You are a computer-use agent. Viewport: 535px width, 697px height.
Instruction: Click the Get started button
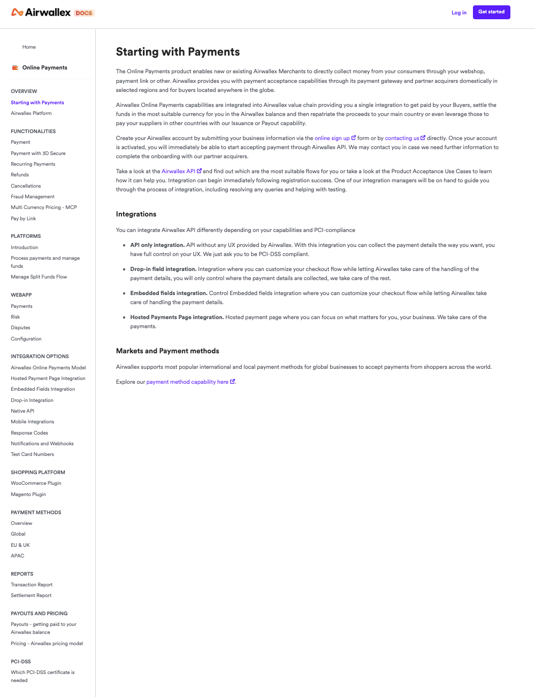pos(491,12)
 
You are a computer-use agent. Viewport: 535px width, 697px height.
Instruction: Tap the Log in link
pos(458,13)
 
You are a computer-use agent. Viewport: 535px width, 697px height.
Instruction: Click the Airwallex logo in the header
pos(41,12)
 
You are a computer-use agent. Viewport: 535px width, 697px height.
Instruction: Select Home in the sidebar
pos(29,47)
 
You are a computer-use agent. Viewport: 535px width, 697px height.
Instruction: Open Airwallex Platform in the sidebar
pos(31,113)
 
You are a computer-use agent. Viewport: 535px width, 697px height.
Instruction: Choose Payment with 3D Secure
pos(38,153)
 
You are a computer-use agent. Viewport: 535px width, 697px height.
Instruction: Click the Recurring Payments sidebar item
pos(33,164)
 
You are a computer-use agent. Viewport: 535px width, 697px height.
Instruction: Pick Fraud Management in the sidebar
pos(33,197)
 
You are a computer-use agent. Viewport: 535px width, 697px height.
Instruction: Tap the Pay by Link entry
pos(24,219)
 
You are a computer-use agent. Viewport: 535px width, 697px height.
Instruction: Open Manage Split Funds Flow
pos(39,277)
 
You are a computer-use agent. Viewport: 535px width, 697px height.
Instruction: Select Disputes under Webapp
pos(20,328)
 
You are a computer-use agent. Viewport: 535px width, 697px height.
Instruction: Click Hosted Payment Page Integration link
pos(48,378)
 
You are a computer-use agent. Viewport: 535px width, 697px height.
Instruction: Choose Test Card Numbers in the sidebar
pos(32,454)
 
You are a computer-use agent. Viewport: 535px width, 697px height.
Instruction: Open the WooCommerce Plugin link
pos(36,483)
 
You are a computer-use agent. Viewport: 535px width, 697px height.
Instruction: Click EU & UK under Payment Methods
pos(20,545)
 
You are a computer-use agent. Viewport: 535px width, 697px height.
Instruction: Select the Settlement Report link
pos(31,595)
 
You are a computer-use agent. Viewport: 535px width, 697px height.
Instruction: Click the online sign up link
pos(332,138)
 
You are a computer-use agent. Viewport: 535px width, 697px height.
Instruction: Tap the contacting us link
pos(402,138)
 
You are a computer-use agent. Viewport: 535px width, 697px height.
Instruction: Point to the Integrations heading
pos(136,214)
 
